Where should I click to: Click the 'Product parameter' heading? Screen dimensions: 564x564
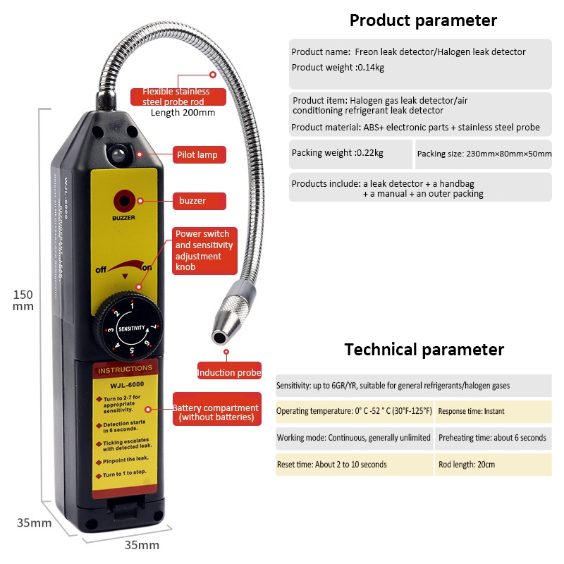click(423, 20)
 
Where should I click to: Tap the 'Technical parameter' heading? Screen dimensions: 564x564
click(424, 350)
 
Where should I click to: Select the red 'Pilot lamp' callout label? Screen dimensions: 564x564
click(200, 154)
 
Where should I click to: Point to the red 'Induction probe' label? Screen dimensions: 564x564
click(229, 373)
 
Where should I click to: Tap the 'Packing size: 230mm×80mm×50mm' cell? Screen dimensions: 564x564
click(484, 154)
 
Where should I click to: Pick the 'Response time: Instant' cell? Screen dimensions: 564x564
click(493, 411)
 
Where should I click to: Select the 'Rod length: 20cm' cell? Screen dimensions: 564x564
click(493, 465)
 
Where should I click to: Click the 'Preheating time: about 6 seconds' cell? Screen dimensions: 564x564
click(493, 438)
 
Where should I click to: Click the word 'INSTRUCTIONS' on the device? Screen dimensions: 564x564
click(125, 369)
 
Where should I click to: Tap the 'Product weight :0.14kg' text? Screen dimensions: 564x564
click(338, 68)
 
